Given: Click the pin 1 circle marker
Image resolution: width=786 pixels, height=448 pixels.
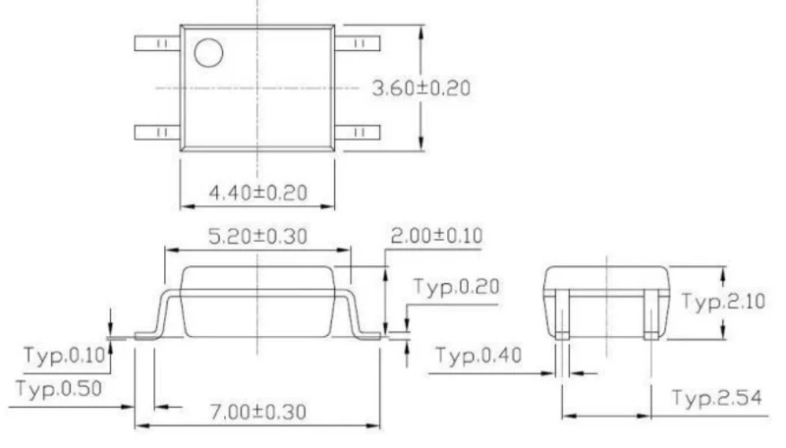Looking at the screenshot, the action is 208,53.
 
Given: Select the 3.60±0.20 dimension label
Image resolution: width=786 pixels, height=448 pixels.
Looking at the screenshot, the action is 421,88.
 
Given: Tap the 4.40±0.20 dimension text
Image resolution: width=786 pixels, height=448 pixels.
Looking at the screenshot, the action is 257,193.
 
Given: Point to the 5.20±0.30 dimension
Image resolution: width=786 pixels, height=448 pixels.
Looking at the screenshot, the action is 257,236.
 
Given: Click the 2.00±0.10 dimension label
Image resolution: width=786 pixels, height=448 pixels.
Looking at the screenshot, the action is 436,236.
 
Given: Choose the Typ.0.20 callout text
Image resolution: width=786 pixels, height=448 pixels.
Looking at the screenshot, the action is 456,287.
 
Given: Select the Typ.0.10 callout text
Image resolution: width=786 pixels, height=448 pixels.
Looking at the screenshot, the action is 65,356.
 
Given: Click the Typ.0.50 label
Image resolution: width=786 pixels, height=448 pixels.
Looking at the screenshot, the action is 59,389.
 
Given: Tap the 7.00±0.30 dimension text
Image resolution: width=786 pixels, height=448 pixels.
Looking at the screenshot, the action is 257,412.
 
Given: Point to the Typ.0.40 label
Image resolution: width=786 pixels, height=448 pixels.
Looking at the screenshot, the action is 478,356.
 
